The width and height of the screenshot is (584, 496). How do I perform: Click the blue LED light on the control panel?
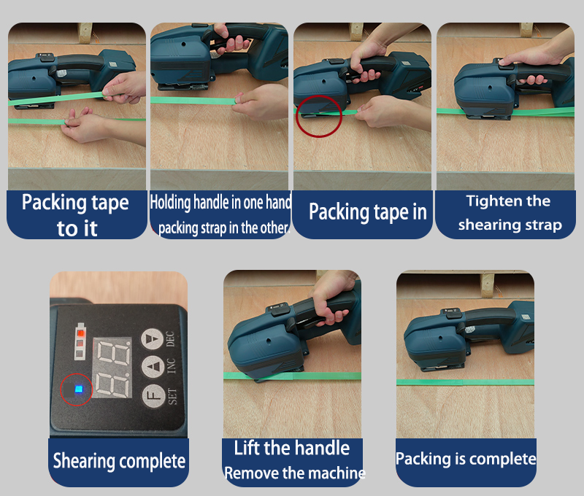click(x=79, y=390)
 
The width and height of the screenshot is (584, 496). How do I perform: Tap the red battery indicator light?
click(x=80, y=333)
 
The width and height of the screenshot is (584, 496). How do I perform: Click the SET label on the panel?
click(x=172, y=396)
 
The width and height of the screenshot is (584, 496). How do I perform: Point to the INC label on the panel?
click(x=171, y=365)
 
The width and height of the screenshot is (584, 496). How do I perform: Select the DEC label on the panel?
click(x=170, y=338)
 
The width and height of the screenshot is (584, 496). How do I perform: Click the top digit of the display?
click(x=114, y=353)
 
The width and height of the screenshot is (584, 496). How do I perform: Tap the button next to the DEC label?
click(x=152, y=339)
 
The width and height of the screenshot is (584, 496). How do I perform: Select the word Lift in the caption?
click(x=247, y=448)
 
